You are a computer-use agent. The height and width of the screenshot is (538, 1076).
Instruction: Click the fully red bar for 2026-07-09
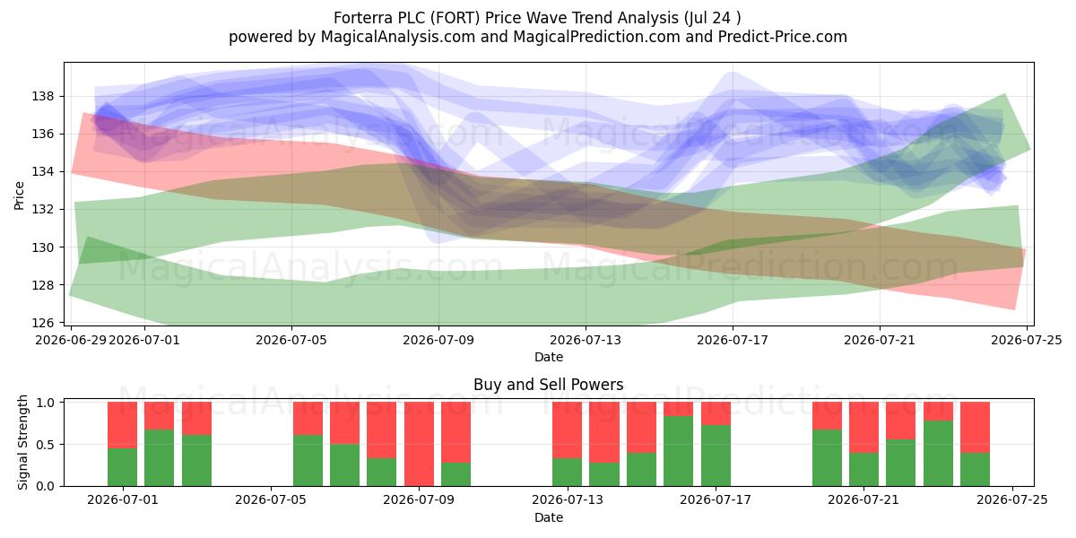[419, 444]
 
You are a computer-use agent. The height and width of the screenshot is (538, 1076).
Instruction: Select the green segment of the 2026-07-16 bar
[678, 451]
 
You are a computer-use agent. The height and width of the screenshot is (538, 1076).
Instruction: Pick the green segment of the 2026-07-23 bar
[938, 454]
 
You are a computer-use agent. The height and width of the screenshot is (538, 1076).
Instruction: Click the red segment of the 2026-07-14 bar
[604, 432]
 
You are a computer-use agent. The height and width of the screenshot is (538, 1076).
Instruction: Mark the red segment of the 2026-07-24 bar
[976, 428]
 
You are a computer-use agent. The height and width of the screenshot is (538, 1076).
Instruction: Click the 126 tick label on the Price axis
[43, 323]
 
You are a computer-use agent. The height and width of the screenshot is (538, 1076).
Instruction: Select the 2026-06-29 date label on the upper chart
[71, 340]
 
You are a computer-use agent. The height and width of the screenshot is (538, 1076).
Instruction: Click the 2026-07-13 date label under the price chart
[586, 340]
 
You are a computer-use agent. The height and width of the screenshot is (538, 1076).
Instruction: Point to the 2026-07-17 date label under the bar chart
[716, 499]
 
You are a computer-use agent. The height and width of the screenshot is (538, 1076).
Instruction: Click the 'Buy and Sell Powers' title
[549, 385]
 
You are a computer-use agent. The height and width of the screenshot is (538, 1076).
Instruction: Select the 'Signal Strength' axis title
[22, 442]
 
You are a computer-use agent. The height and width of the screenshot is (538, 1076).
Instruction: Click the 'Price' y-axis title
[19, 195]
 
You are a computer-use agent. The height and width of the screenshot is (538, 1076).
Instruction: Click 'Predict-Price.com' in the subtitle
[783, 37]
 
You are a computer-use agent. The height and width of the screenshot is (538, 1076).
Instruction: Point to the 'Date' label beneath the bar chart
[549, 517]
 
